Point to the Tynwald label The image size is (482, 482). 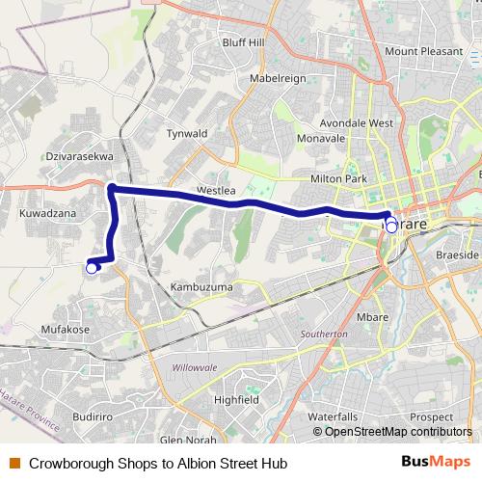point(187,133)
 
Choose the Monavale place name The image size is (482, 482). point(321,139)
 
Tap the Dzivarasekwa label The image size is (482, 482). point(79,154)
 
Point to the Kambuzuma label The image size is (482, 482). point(201,288)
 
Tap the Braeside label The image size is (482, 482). point(457,254)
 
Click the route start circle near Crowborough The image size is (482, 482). point(92,269)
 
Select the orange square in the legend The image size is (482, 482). point(13,463)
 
